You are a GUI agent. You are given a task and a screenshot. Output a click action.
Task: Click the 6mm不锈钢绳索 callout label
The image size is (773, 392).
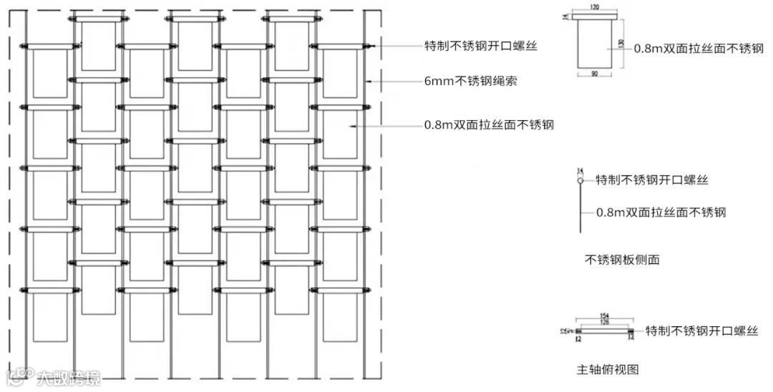pyautogui.click(x=470, y=82)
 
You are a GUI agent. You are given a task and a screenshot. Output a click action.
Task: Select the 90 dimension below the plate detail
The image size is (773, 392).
pyautogui.click(x=595, y=74)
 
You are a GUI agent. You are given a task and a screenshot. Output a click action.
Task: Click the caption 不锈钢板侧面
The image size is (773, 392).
pyautogui.click(x=622, y=260)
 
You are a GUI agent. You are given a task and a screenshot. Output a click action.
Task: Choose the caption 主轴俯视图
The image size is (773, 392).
pyautogui.click(x=607, y=369)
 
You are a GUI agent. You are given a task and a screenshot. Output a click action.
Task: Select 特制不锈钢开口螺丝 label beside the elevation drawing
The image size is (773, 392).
pyautogui.click(x=480, y=46)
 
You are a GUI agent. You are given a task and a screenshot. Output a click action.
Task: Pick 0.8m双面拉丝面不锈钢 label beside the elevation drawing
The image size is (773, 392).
pyautogui.click(x=488, y=125)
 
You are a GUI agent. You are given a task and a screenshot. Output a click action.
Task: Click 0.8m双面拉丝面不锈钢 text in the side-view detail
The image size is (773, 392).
pyautogui.click(x=661, y=212)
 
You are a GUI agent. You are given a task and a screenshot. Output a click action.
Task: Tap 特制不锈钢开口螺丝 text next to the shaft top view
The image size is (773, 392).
pyautogui.click(x=701, y=331)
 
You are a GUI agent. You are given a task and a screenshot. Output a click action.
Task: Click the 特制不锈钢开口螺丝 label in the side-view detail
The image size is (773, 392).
pyautogui.click(x=652, y=180)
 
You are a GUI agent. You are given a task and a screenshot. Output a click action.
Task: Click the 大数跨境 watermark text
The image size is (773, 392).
pyautogui.click(x=69, y=376)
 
